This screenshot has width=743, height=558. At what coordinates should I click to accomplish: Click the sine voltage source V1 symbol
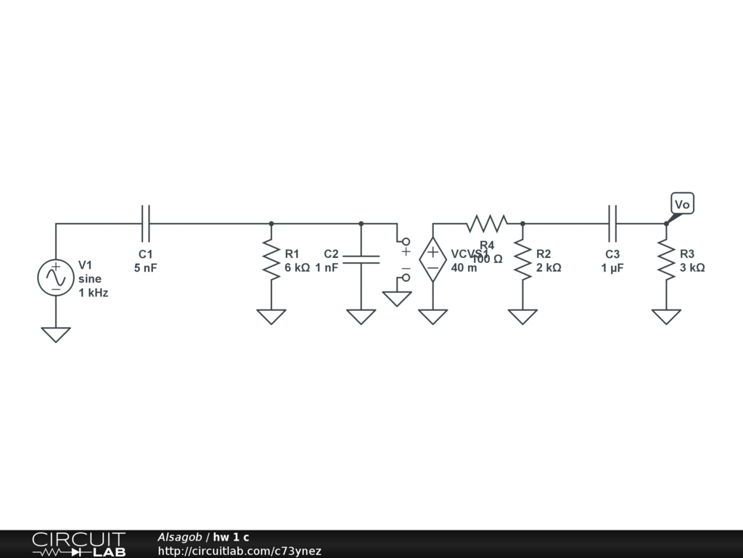pyautogui.click(x=56, y=278)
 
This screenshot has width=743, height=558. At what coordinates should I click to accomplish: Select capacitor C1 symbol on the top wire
pyautogui.click(x=145, y=223)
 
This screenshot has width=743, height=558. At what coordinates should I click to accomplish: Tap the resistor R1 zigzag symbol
pyautogui.click(x=271, y=261)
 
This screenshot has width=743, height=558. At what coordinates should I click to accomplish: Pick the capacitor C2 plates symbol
pyautogui.click(x=361, y=259)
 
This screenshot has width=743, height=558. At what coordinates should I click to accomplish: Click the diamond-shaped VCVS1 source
pyautogui.click(x=433, y=260)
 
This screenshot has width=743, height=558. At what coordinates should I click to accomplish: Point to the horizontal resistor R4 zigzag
pyautogui.click(x=487, y=223)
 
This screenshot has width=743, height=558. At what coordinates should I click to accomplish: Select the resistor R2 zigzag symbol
pyautogui.click(x=522, y=261)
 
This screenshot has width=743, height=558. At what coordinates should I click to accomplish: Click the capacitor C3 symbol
pyautogui.click(x=612, y=223)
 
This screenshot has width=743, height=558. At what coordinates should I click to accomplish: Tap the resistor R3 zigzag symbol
pyautogui.click(x=666, y=261)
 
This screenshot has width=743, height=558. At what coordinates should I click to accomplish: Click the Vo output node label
pyautogui.click(x=682, y=204)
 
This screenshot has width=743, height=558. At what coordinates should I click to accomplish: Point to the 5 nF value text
pyautogui.click(x=145, y=267)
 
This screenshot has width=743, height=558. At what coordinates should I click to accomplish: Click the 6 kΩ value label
pyautogui.click(x=297, y=267)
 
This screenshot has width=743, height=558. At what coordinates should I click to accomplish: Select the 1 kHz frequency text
pyautogui.click(x=94, y=293)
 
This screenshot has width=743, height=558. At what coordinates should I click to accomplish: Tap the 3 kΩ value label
pyautogui.click(x=692, y=267)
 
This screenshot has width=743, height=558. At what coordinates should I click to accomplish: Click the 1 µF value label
pyautogui.click(x=612, y=267)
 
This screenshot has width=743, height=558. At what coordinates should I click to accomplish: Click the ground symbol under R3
pyautogui.click(x=666, y=316)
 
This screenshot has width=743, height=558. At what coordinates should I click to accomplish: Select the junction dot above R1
pyautogui.click(x=271, y=224)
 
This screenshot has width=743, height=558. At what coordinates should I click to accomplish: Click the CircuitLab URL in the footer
pyautogui.click(x=239, y=551)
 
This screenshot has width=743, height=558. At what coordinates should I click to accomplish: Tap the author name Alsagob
pyautogui.click(x=179, y=537)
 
